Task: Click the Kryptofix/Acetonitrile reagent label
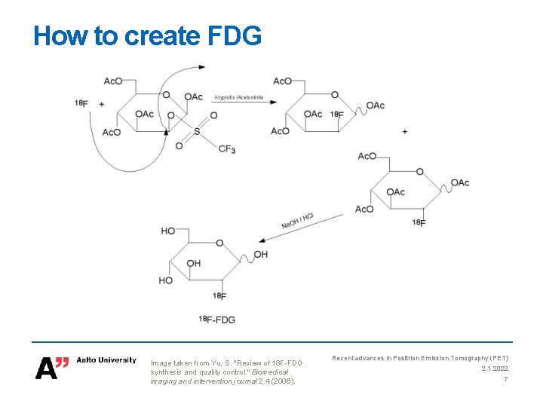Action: point(239,97)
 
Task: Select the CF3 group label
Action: point(227,150)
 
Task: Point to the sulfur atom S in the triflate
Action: point(197,132)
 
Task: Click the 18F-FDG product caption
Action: point(217,320)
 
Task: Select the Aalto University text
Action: point(107,360)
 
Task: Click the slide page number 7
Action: point(506,379)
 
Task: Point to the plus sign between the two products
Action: point(405,132)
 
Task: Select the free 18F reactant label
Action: point(81,103)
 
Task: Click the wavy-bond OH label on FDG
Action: point(260,255)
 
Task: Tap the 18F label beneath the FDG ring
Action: point(219,295)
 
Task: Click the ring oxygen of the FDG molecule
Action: point(219,243)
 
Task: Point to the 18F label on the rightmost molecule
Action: point(419,222)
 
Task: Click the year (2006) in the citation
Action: point(282,381)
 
